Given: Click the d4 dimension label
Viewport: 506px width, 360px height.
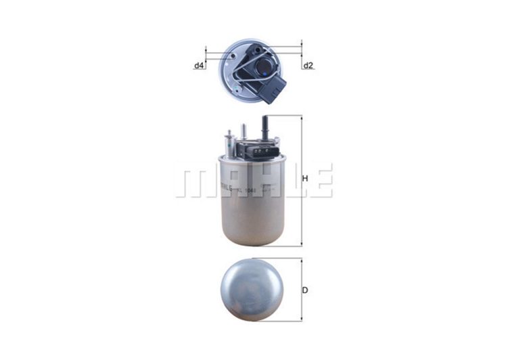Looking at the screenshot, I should tap(199, 66).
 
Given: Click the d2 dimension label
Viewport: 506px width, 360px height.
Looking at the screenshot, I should tap(308, 66).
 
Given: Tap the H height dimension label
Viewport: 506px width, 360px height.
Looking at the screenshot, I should tap(305, 179).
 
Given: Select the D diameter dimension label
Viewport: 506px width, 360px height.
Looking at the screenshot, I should tap(305, 290).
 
